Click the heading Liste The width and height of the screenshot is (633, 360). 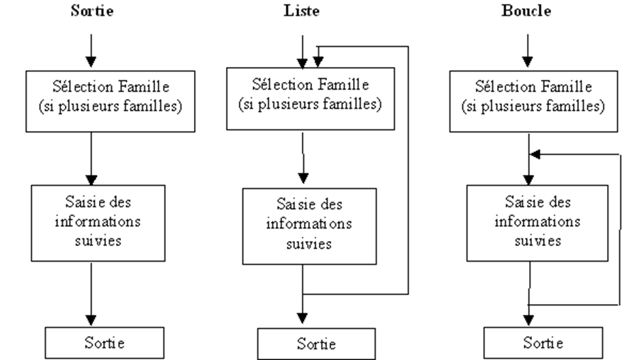coord(302,12)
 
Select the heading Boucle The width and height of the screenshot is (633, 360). coord(528,12)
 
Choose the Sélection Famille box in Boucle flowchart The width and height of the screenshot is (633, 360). coord(529,99)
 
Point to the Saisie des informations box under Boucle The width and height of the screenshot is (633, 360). coord(529,223)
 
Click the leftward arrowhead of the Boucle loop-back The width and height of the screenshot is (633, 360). coord(536,155)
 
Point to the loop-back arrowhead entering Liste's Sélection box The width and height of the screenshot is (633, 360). coord(318,62)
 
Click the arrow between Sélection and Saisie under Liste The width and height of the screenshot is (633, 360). coord(303,157)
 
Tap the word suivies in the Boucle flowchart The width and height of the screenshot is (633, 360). coord(529,240)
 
